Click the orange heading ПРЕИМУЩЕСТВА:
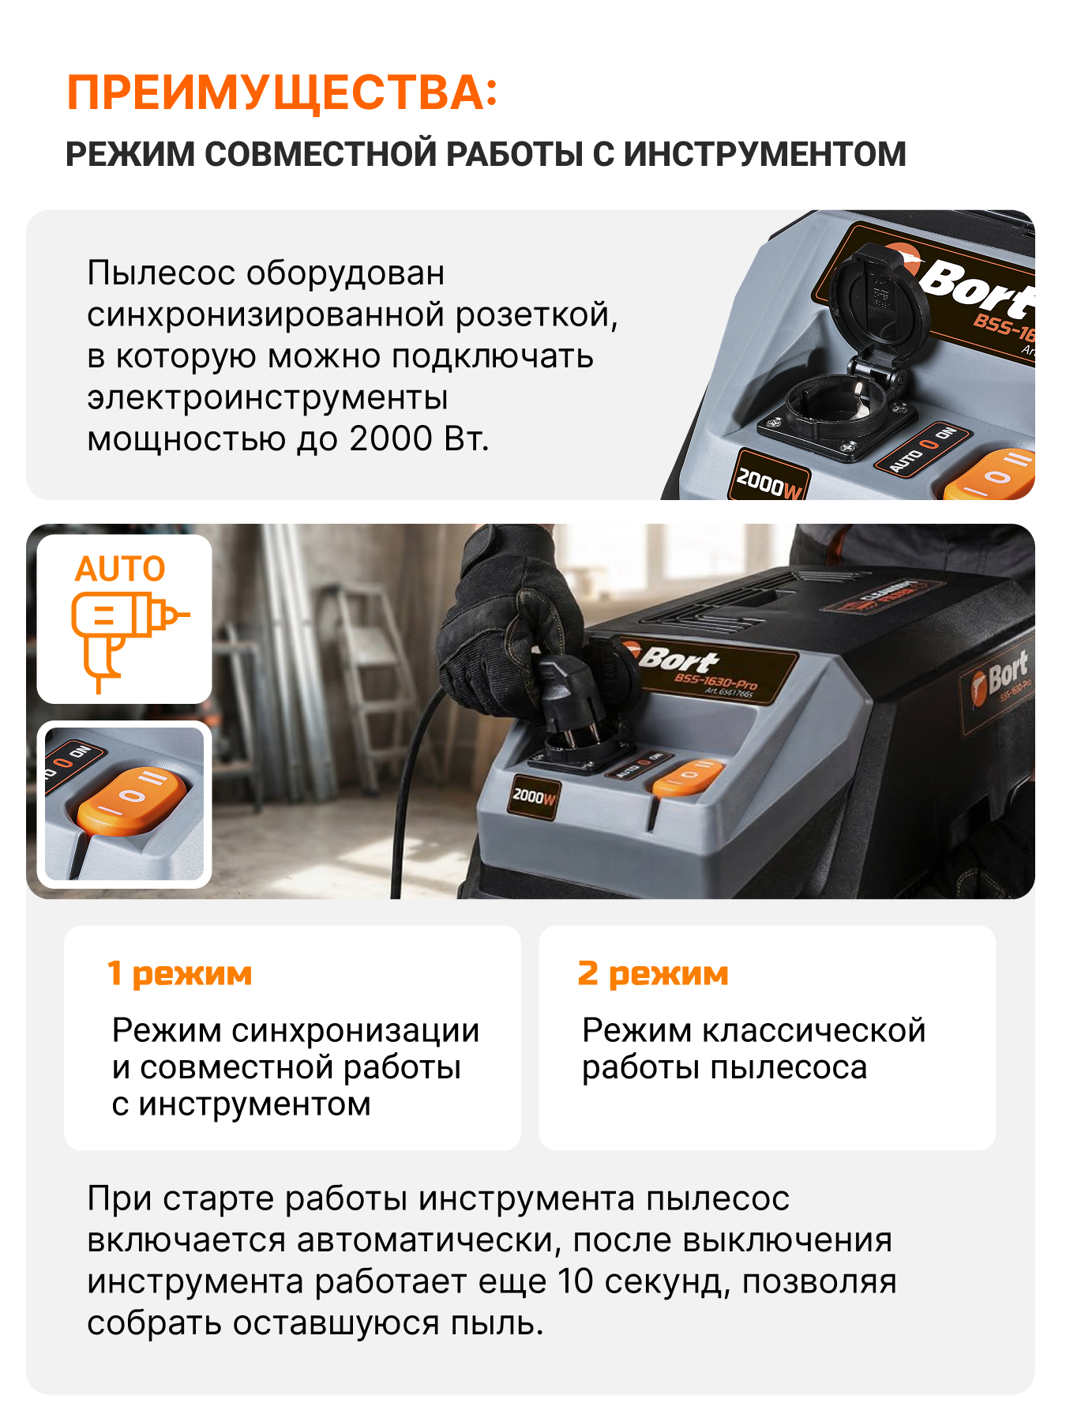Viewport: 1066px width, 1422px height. (x=283, y=93)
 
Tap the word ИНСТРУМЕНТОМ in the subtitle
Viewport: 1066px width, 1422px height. (x=764, y=154)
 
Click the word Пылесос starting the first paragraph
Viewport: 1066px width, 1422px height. (x=161, y=273)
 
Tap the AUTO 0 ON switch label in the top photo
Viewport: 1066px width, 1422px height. (x=921, y=448)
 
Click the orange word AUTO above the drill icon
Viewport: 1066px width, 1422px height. (x=120, y=569)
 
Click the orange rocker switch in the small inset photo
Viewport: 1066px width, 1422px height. (x=132, y=799)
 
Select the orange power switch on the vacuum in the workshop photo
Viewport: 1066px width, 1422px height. (x=687, y=774)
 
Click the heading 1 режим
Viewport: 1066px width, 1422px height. (x=180, y=974)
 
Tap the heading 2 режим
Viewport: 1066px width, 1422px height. (x=653, y=974)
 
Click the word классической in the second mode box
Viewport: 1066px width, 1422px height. (x=814, y=1030)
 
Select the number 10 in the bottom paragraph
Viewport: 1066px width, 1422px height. (x=576, y=1281)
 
